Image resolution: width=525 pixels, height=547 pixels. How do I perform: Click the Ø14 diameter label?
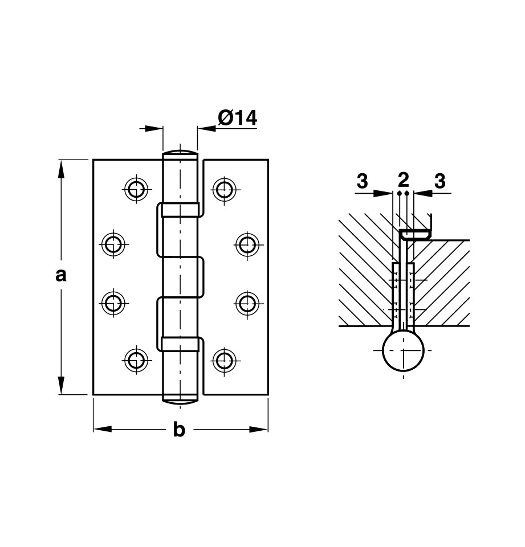237,118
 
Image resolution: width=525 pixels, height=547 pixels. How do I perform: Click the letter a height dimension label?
61,275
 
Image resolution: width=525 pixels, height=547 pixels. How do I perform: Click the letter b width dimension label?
179,430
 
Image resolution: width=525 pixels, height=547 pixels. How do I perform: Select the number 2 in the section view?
404,180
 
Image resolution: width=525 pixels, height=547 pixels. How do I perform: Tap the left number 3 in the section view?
362,181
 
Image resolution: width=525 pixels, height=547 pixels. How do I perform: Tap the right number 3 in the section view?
439,181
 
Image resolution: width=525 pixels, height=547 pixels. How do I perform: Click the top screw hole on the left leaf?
136,189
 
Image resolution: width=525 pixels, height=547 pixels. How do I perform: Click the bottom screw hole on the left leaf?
136,360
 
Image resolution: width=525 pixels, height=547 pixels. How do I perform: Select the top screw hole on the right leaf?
224,189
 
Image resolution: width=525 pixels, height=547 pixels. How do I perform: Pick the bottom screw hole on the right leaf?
224,360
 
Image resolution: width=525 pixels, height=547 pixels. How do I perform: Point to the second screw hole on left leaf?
114,244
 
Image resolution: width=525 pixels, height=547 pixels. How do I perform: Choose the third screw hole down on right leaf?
247,303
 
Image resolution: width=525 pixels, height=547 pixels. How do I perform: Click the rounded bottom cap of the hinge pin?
180,399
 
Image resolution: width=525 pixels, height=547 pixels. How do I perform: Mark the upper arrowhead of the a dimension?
61,166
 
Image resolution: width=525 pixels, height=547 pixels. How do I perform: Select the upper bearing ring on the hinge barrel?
180,210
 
